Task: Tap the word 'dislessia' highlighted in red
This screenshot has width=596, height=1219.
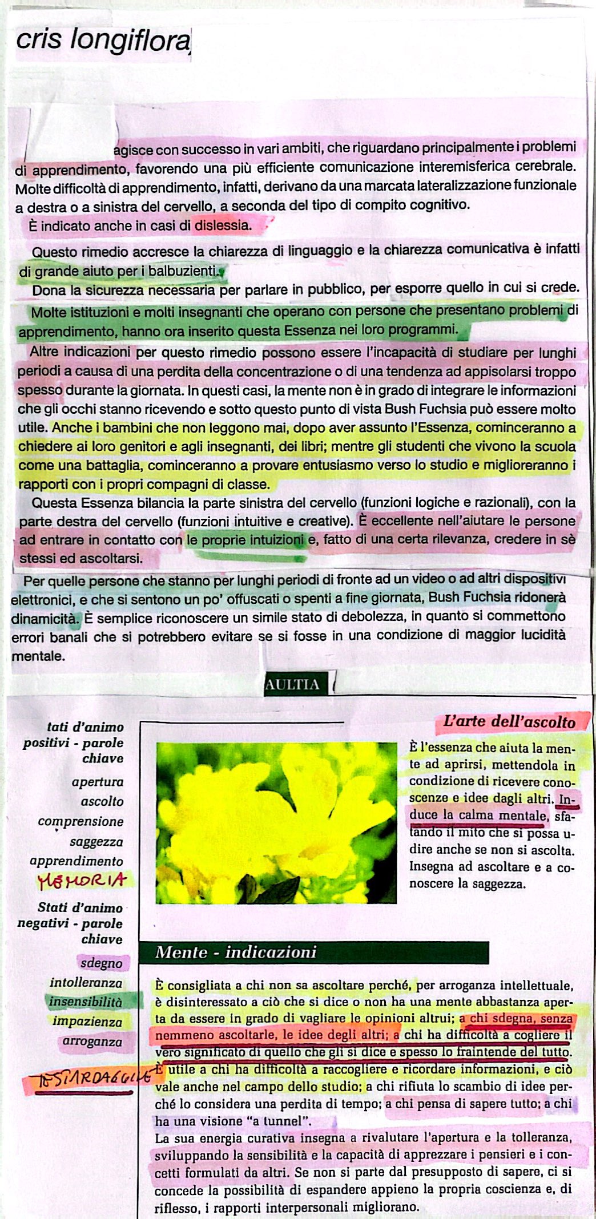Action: coord(223,225)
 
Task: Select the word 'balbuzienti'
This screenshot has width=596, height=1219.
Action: coord(183,271)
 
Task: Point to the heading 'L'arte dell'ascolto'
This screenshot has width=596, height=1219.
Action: coord(510,722)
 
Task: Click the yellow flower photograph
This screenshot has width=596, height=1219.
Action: coord(276,822)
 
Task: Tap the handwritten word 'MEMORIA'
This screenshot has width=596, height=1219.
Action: coord(82,881)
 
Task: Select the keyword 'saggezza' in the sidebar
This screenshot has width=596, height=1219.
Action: coord(96,842)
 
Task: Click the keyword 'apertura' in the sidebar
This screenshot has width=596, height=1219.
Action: coord(98,782)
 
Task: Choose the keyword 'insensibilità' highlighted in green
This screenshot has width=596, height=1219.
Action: coord(86,1002)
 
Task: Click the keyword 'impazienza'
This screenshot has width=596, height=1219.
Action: coord(87,1021)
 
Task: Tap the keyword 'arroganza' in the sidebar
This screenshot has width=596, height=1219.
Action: coord(92,1042)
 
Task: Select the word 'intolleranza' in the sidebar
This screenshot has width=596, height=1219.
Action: coord(86,983)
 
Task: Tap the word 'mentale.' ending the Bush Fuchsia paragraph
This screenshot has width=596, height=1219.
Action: coord(38,656)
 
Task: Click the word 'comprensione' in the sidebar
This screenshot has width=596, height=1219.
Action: coord(80,822)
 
